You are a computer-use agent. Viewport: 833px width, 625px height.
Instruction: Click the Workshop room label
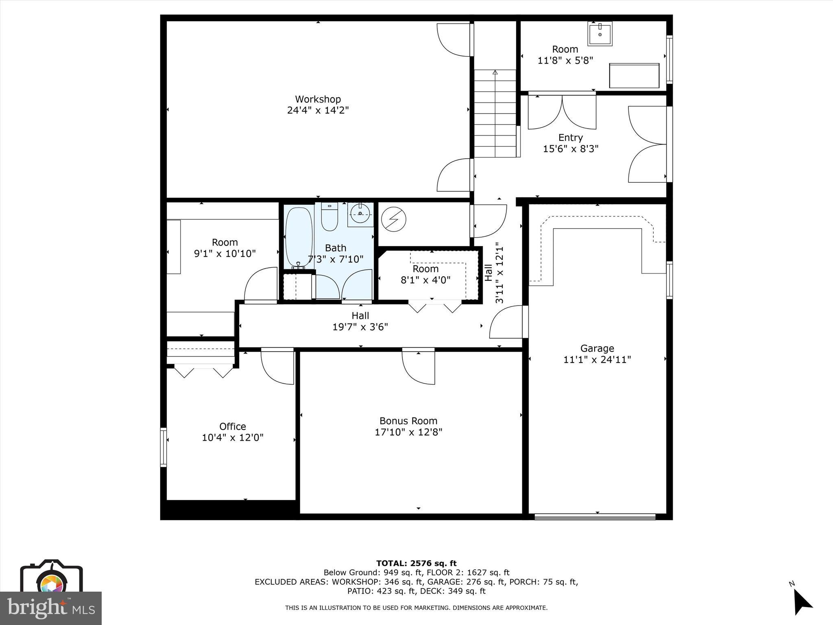318,99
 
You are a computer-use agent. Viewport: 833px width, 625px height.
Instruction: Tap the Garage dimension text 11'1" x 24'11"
597,360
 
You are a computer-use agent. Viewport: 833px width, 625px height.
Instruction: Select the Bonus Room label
408,421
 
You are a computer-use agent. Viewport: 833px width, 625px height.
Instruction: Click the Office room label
233,426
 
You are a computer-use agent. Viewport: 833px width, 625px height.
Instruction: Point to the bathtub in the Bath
299,237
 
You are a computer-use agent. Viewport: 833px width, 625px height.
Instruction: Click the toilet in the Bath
329,216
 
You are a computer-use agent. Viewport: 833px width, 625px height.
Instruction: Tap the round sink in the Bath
360,214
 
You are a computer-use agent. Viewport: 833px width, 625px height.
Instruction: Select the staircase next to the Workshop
495,114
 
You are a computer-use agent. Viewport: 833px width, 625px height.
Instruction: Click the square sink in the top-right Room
600,34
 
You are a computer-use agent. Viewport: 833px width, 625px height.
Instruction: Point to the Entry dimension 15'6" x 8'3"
571,149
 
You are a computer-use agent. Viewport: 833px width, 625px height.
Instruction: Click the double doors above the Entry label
562,112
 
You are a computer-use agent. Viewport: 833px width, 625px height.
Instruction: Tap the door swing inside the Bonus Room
419,366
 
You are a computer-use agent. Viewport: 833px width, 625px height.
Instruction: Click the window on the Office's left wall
164,446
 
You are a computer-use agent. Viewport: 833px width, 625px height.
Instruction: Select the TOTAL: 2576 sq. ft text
416,563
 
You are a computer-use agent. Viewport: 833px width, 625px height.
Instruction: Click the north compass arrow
801,602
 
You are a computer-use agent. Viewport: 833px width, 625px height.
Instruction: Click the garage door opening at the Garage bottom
595,517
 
